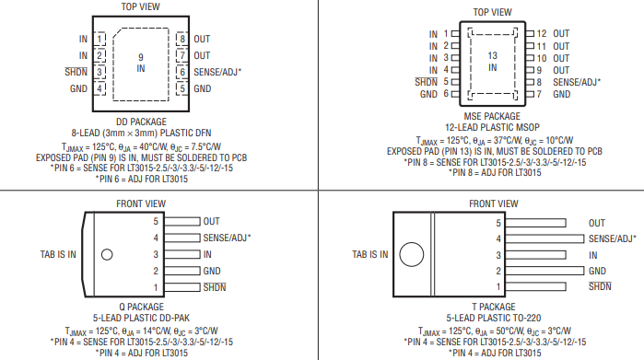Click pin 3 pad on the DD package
(x=100, y=72)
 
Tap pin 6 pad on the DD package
(x=181, y=72)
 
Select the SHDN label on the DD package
(x=76, y=72)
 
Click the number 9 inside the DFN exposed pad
(x=141, y=57)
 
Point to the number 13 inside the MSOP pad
(x=493, y=55)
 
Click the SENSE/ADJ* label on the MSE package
(x=577, y=82)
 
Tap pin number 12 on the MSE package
(x=542, y=33)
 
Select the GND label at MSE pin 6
(x=428, y=94)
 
